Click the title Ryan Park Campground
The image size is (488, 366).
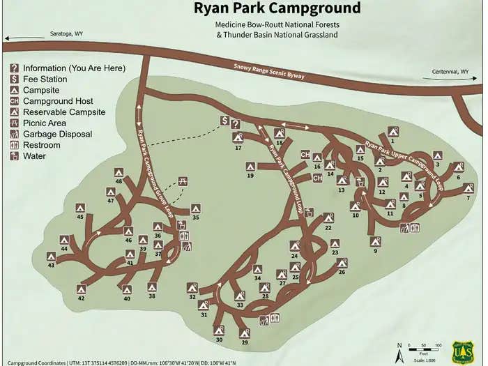[x=277, y=9]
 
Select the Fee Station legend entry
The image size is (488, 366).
[x=45, y=79]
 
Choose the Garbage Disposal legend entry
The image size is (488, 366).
[x=58, y=134]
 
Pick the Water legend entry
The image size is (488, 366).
[x=34, y=156]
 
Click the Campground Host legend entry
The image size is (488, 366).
[x=59, y=101]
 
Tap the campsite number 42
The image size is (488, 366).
[x=81, y=298]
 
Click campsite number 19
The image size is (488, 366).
[x=250, y=176]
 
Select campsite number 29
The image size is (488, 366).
[x=245, y=342]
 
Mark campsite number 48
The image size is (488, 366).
[x=119, y=181]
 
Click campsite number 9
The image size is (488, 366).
[x=376, y=250]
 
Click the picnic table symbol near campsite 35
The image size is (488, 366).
[x=183, y=181]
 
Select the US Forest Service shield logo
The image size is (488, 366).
[x=463, y=351]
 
